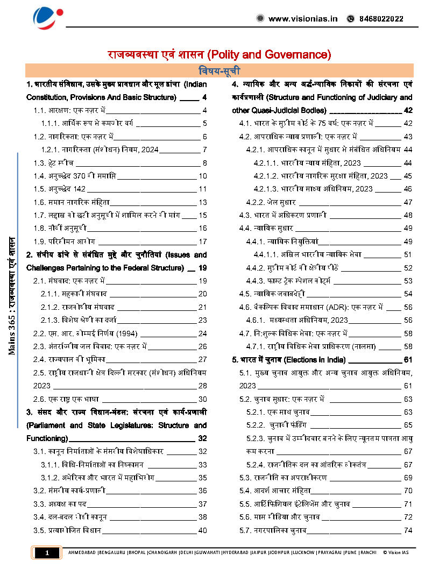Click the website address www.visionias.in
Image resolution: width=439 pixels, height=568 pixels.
tap(303, 18)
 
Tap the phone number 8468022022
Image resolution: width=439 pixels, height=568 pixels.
tap(381, 18)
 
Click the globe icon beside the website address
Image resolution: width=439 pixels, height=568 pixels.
tap(260, 18)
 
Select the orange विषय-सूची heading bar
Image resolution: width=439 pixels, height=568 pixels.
tap(219, 70)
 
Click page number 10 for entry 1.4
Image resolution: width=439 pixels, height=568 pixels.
tap(203, 176)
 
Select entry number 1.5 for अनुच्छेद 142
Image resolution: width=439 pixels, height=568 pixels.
tap(39, 189)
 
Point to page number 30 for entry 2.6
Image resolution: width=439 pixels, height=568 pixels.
tap(203, 399)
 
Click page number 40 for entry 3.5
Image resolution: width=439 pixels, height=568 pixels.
tap(203, 530)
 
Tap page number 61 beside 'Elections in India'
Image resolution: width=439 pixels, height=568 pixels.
tap(408, 359)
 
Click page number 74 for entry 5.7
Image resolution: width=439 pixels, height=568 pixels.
tap(408, 530)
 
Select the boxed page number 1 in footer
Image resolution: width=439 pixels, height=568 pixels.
tap(47, 552)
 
